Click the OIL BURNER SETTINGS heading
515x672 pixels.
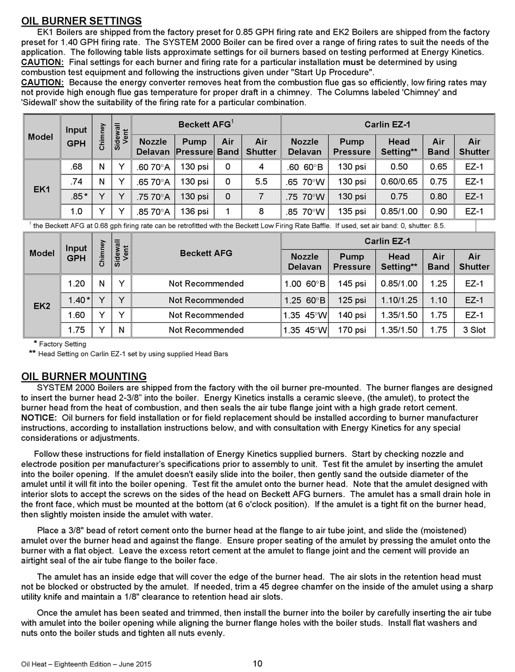coord(81,21)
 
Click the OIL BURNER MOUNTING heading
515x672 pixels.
coord(83,376)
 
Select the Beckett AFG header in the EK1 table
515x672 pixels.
coord(206,125)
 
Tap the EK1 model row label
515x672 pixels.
coord(42,190)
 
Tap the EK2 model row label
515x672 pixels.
coord(42,306)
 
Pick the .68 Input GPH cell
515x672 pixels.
coord(76,167)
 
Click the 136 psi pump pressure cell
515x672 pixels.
coord(194,211)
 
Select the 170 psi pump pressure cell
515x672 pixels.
coord(352,330)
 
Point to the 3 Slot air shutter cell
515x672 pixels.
coord(474,330)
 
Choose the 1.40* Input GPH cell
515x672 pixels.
coord(77,300)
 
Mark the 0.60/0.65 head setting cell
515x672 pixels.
coord(398,181)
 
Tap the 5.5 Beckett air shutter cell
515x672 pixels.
coord(261,181)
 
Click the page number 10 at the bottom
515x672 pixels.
coord(257,663)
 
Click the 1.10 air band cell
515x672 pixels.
coord(438,300)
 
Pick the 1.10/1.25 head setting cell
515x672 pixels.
coord(398,300)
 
